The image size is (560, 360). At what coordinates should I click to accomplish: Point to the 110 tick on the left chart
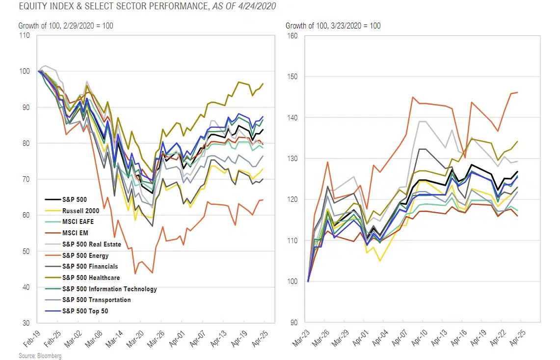[x=24, y=35]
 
